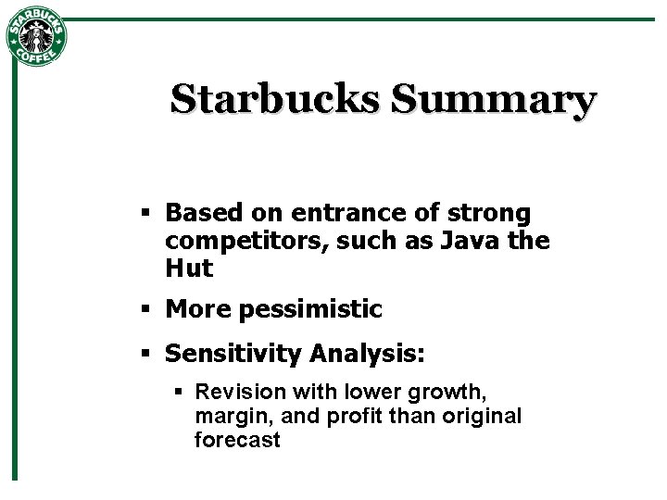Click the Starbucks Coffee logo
(36, 37)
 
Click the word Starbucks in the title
(274, 99)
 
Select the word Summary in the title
(492, 99)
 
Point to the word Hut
(189, 269)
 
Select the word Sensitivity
(234, 354)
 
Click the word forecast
(236, 441)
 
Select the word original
(484, 417)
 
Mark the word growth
(440, 393)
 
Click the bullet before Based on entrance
(145, 214)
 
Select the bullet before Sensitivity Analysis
(145, 354)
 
